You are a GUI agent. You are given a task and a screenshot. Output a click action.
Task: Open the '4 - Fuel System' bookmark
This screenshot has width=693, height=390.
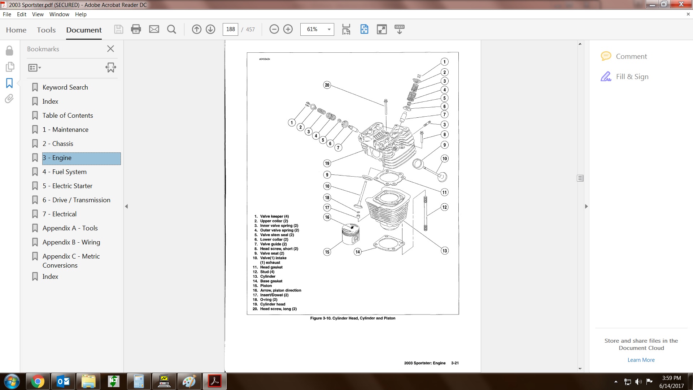65,172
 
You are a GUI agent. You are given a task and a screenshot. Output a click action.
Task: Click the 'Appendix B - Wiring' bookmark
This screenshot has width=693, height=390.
71,242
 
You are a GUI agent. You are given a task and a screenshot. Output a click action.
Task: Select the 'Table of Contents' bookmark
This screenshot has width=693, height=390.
67,116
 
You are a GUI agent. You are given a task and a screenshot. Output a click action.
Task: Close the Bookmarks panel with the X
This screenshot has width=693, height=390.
110,49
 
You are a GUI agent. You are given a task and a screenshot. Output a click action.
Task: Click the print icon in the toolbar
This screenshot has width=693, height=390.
136,29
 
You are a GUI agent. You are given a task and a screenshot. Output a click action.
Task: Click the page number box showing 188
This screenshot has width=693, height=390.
231,29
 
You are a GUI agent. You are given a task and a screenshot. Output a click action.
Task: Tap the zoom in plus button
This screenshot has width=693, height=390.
288,29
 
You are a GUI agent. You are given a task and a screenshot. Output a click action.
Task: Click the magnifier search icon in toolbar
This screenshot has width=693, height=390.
172,29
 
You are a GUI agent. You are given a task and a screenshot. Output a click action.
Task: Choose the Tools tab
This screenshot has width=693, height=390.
46,30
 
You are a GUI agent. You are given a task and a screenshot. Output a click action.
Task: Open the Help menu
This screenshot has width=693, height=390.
81,14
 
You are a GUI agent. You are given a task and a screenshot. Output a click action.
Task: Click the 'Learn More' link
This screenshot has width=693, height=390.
641,360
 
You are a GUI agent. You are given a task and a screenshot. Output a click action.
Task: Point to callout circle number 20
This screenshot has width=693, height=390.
327,85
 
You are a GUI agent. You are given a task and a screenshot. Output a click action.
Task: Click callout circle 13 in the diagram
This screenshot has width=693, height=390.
445,251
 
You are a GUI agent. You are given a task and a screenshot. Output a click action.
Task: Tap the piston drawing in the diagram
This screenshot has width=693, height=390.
350,234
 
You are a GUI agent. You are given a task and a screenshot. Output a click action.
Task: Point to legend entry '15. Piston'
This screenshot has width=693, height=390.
262,286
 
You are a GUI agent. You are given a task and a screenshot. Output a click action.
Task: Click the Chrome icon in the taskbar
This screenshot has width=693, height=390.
38,381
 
